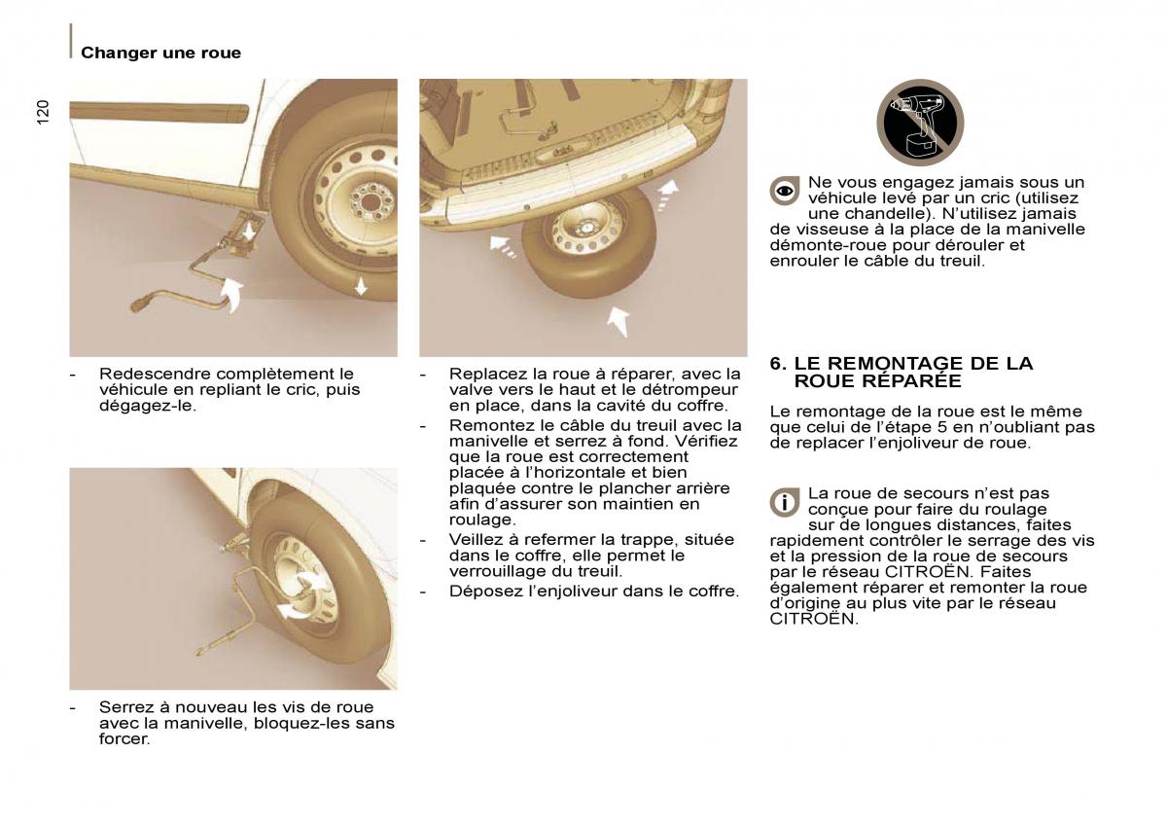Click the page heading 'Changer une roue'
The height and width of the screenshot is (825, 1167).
[160, 53]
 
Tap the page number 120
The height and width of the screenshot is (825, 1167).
[42, 112]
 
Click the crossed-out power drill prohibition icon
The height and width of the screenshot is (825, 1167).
[919, 123]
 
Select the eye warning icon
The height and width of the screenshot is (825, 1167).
[785, 191]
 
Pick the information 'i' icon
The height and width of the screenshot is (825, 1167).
[785, 502]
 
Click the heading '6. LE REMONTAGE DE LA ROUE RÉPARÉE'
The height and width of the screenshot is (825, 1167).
[901, 372]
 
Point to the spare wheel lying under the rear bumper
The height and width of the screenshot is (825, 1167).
[586, 241]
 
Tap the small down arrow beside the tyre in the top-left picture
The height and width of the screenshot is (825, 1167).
[361, 285]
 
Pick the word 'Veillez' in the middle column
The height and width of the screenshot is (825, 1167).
[475, 539]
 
